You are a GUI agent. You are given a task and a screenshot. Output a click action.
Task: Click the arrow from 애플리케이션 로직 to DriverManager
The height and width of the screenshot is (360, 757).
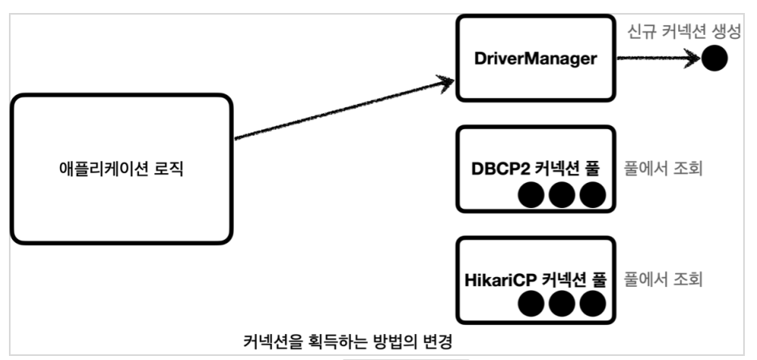click(344, 109)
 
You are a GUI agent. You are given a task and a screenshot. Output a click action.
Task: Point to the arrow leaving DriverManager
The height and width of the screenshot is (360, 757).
click(659, 59)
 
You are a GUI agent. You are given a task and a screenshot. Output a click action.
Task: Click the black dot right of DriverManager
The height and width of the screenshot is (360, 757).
click(714, 59)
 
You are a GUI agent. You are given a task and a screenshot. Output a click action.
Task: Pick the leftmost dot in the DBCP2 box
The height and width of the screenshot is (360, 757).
click(531, 195)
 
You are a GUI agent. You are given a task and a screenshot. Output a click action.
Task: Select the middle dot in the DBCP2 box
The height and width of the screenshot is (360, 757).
click(562, 195)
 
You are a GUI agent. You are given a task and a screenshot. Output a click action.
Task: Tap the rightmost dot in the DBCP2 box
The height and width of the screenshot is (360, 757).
click(593, 195)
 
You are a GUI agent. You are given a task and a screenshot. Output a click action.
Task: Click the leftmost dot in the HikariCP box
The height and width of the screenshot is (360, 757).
click(531, 303)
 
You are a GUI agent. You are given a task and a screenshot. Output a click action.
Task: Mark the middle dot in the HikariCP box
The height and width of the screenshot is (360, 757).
click(562, 303)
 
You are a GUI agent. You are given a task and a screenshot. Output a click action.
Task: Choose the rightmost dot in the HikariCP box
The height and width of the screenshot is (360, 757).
click(593, 303)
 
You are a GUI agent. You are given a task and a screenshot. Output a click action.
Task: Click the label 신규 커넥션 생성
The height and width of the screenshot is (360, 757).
click(684, 32)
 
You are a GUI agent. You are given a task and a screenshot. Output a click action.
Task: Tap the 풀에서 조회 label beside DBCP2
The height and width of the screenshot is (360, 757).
click(663, 170)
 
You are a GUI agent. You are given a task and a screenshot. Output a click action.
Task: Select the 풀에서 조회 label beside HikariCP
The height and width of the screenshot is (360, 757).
click(663, 280)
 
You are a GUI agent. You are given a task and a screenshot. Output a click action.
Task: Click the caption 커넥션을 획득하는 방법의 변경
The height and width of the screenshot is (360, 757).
click(347, 342)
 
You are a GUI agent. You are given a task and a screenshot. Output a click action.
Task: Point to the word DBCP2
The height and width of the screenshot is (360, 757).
click(498, 170)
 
